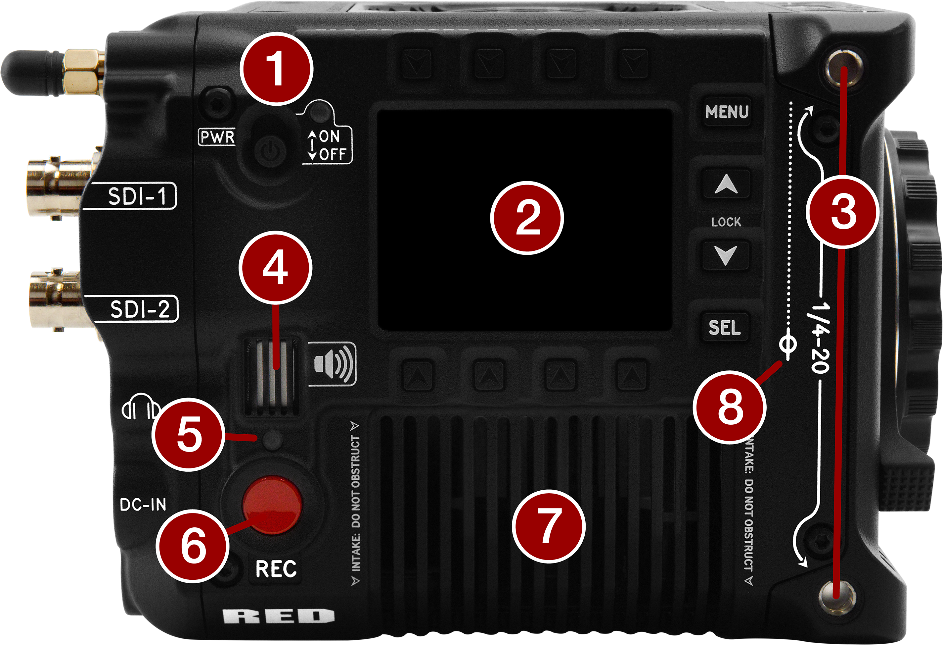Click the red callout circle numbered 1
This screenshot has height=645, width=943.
(x=277, y=69)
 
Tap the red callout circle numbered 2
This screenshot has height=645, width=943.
(x=527, y=218)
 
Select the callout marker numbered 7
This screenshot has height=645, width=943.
(x=548, y=526)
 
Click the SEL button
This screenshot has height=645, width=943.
(x=725, y=327)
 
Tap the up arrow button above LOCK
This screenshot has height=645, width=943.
(x=726, y=185)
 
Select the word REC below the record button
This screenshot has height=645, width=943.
(x=276, y=568)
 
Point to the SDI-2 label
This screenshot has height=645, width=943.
(x=140, y=309)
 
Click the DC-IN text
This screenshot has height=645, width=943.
(x=143, y=505)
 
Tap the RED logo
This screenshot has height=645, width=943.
(x=278, y=617)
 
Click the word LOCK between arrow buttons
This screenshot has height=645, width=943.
(x=726, y=222)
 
